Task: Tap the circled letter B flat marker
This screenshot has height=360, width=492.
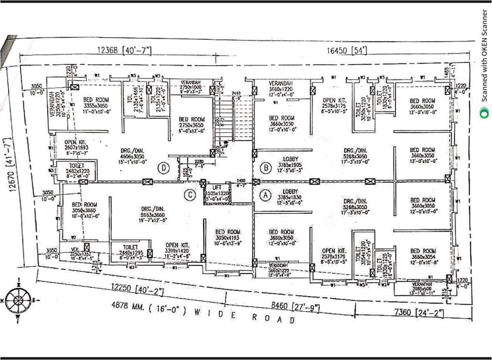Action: pos(266,167)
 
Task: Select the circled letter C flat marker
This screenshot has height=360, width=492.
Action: pos(189,196)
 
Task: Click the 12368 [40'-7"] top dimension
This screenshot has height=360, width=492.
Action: pos(124,50)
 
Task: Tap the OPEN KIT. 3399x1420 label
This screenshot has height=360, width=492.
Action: pos(177,251)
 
